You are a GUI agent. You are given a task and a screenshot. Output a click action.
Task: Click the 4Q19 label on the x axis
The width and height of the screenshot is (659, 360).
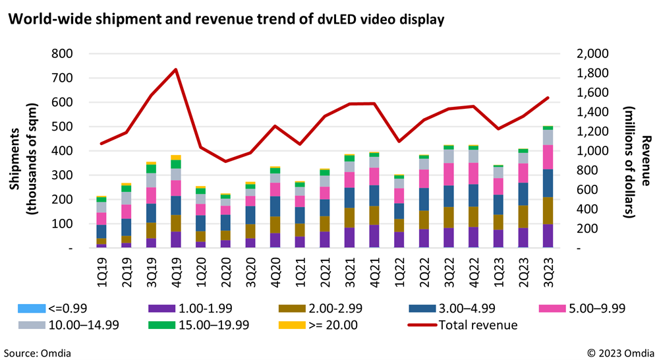175,271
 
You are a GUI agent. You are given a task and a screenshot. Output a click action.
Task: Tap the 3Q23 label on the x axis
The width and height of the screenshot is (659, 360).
548,271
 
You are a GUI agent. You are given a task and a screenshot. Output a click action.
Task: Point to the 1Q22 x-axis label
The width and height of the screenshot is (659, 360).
399,271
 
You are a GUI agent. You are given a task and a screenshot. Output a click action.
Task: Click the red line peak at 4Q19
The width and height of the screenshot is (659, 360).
175,69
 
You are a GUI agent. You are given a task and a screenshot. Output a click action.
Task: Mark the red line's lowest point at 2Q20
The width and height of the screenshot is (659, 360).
225,161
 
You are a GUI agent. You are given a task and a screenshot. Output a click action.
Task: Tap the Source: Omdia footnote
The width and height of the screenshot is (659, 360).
36,352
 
